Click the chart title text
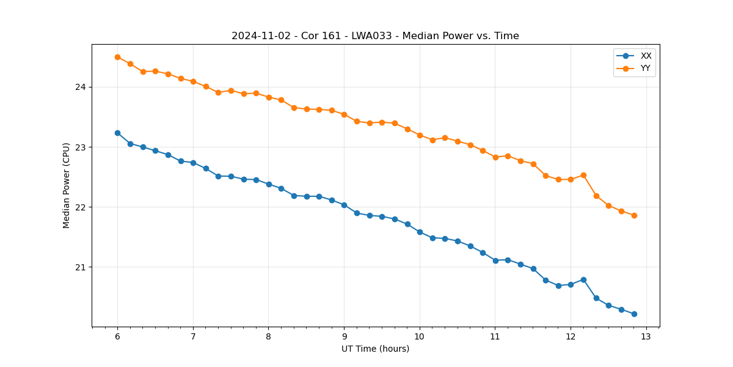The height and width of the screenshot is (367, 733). (375, 36)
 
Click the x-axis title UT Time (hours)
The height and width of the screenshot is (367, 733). (375, 349)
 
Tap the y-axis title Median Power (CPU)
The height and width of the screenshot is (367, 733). (66, 185)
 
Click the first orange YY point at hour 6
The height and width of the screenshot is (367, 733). (117, 57)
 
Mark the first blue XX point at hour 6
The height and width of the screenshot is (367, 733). (117, 133)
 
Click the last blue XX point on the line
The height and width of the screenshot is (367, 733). (634, 314)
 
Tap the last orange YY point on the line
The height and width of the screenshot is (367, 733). (634, 215)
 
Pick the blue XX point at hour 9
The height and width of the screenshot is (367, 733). (344, 205)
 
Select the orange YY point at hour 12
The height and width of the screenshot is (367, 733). (571, 179)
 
